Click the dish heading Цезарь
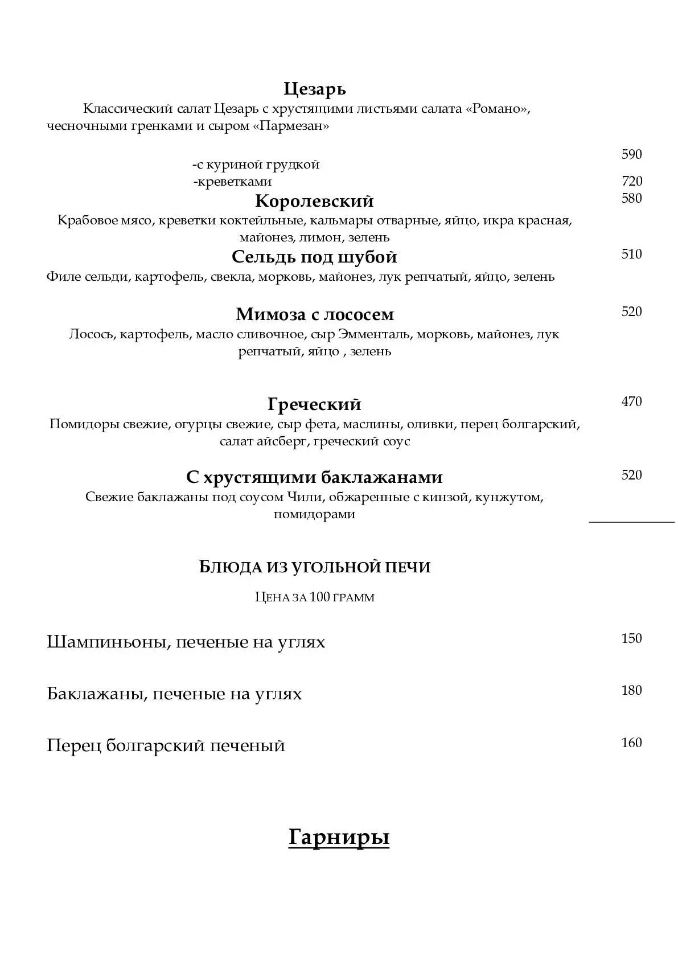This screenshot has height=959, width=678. point(314,89)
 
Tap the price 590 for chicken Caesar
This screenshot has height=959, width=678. point(631,154)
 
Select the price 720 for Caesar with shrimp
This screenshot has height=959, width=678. point(631,181)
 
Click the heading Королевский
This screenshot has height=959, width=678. point(314,201)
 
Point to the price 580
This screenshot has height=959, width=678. point(631,198)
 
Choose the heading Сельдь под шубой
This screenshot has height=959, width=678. point(314,257)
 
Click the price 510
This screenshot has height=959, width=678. point(631,254)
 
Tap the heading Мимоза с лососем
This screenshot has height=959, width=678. point(315,314)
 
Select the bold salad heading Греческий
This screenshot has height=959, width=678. point(314,404)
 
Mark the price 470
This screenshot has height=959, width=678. point(631,401)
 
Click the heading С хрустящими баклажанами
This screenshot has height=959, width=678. point(314,477)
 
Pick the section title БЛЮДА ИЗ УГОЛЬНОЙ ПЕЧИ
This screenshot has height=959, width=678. point(315,567)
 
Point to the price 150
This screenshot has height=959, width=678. point(631,638)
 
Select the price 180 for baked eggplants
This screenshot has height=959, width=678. point(631,690)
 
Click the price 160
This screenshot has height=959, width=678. point(631,743)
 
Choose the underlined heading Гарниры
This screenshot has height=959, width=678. point(339,837)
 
